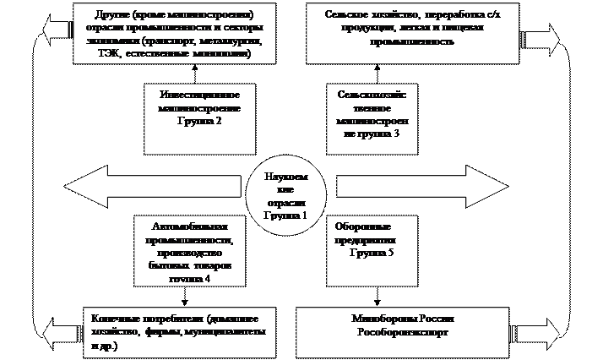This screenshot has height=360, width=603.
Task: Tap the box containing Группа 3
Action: [372, 118]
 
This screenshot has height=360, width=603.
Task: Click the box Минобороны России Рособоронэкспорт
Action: [401, 326]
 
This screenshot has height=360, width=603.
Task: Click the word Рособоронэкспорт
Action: [401, 334]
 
